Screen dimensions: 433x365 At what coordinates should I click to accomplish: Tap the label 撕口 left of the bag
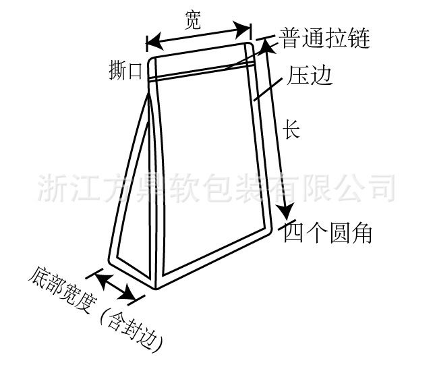pos(126,70)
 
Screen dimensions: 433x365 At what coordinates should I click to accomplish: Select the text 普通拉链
pos(325,39)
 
